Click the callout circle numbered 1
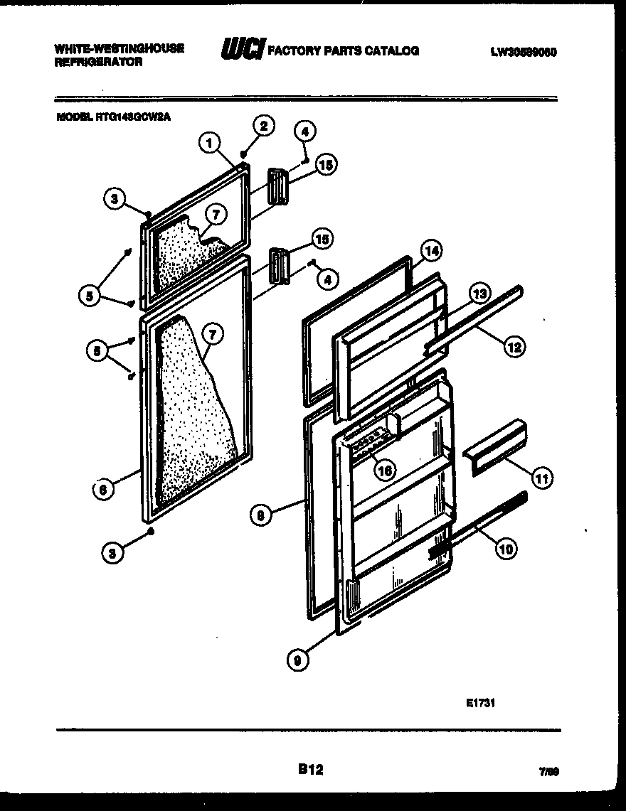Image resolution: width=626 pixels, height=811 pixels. pyautogui.click(x=208, y=144)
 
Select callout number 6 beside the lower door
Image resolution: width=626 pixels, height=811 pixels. pyautogui.click(x=103, y=489)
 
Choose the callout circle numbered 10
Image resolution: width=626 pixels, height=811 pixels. pyautogui.click(x=507, y=547)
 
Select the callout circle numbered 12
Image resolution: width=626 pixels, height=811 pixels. pyautogui.click(x=515, y=348)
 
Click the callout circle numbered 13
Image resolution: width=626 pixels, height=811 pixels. pyautogui.click(x=479, y=293)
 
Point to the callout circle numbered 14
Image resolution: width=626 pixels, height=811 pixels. pyautogui.click(x=431, y=250)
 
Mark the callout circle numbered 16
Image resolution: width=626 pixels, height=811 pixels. pyautogui.click(x=385, y=470)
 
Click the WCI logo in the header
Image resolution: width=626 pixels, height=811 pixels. pyautogui.click(x=243, y=50)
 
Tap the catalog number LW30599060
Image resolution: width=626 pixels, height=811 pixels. pyautogui.click(x=523, y=51)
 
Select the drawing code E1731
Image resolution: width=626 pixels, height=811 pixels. pyautogui.click(x=480, y=704)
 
